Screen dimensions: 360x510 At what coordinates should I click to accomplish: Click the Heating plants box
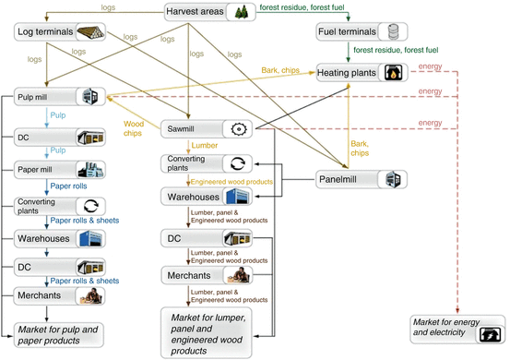pyautogui.click(x=361, y=72)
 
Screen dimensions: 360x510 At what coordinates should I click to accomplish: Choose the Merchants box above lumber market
pyautogui.click(x=205, y=275)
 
